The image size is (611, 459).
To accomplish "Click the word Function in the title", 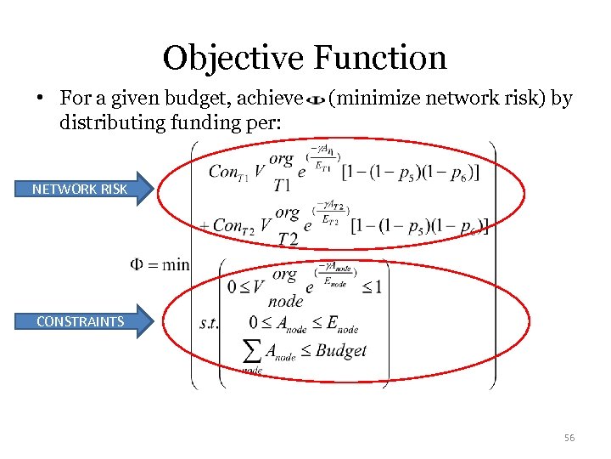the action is tap(379, 58).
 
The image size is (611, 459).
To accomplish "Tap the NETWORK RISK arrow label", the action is tap(80, 189).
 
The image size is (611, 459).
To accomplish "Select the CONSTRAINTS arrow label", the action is tap(80, 321).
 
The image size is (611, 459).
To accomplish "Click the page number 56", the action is tap(569, 438).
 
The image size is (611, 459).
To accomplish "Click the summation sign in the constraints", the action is tap(252, 351).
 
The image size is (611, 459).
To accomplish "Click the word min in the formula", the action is tap(176, 264).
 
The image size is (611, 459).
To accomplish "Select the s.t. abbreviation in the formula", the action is tap(209, 323).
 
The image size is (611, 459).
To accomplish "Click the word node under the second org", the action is tap(285, 301).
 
